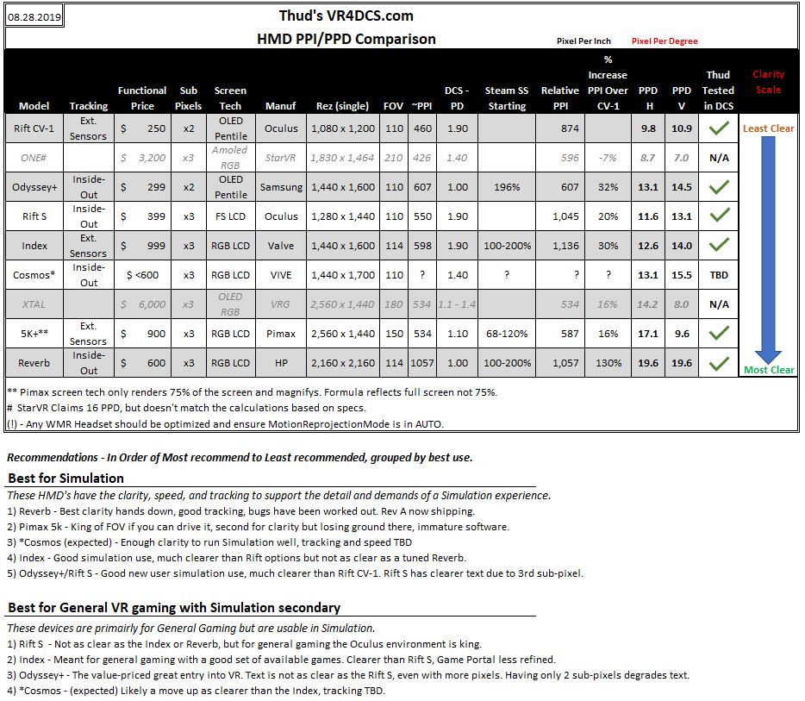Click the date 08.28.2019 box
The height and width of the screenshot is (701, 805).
34,16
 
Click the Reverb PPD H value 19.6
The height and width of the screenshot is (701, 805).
648,363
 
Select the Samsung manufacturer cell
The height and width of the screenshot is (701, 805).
281,187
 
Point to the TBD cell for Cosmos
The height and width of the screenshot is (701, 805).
718,275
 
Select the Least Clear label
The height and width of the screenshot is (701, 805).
768,128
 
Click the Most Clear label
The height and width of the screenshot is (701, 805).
769,370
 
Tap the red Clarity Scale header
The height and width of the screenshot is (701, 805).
768,82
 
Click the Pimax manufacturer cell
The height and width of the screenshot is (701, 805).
281,334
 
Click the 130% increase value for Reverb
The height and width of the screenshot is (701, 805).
608,363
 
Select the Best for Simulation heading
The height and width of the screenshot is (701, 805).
66,478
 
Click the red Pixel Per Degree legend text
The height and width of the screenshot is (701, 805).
665,41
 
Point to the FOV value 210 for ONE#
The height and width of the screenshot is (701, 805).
393,158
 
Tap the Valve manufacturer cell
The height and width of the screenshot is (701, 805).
281,246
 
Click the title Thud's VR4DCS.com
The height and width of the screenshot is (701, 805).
346,16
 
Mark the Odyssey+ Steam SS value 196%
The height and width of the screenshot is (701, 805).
507,187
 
